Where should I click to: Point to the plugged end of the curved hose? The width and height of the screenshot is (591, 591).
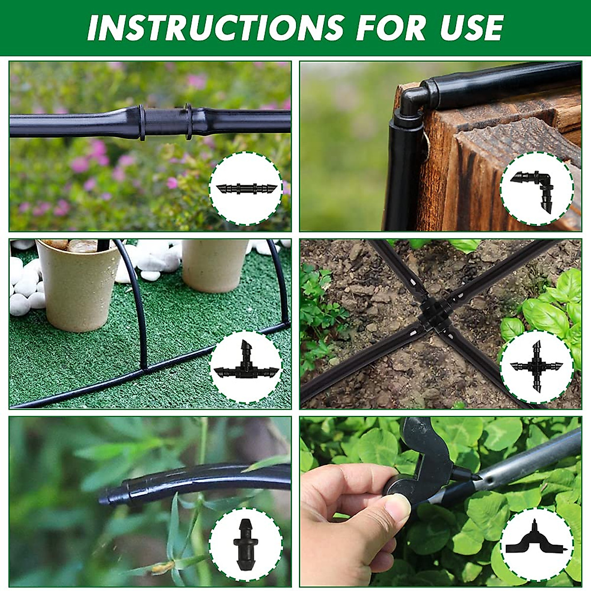pyautogui.click(x=111, y=495)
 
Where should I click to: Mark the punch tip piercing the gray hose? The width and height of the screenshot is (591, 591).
pyautogui.click(x=475, y=478)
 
